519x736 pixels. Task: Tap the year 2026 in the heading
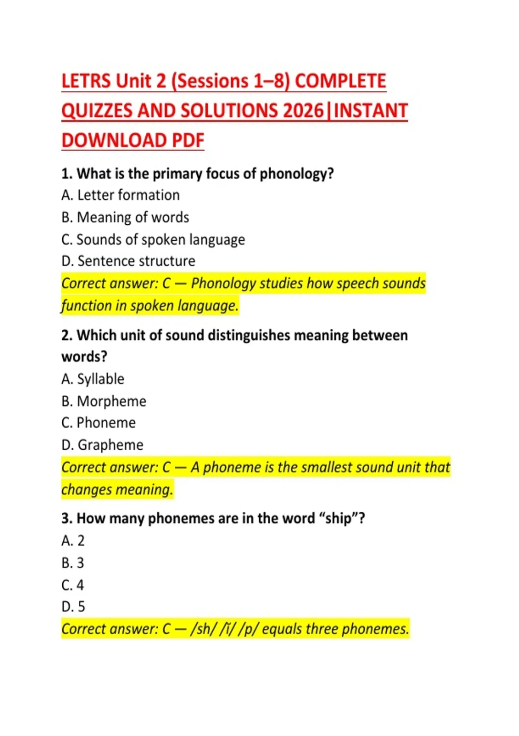coord(303,111)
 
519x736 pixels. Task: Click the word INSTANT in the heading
coord(371,111)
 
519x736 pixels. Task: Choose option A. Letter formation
coord(120,195)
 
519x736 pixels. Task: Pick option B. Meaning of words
coord(125,217)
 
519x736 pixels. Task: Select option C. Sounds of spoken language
coord(153,239)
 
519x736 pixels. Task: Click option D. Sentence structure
coord(128,261)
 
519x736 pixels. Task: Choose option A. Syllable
coord(93,379)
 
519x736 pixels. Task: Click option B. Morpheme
coord(104,401)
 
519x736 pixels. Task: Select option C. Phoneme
coord(99,423)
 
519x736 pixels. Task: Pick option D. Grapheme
coord(102,445)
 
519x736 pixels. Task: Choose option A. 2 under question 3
coord(73,541)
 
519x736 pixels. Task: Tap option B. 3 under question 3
coord(73,563)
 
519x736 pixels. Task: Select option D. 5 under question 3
coord(73,607)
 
